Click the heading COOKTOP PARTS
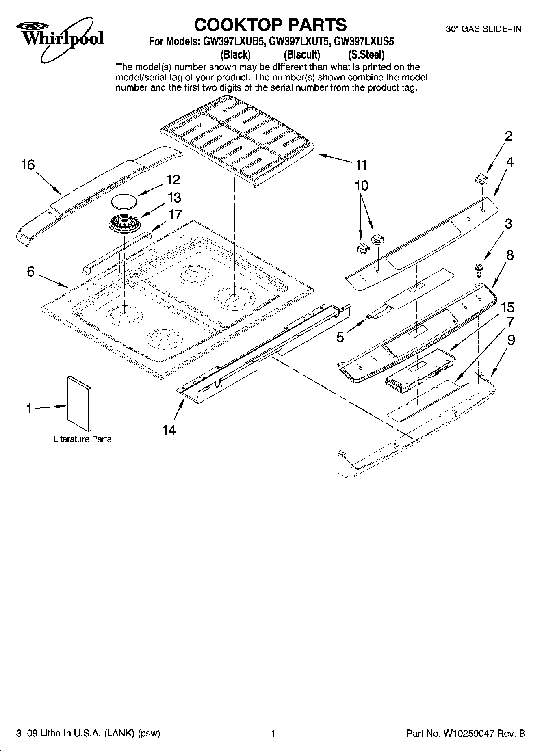270,25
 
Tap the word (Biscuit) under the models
302,54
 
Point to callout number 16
28,165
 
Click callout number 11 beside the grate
361,165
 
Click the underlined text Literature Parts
82,439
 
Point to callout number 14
169,430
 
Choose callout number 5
340,337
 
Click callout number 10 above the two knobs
362,186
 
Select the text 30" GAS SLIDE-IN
483,29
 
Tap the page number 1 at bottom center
273,734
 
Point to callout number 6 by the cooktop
31,271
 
